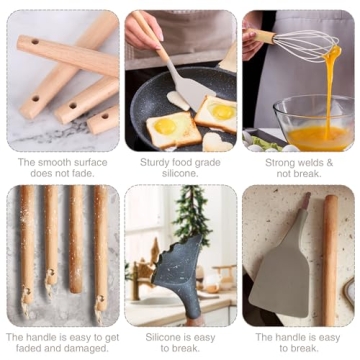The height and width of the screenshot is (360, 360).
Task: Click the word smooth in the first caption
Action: pyautogui.click(x=53, y=161)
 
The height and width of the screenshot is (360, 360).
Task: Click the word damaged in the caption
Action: pyautogui.click(x=87, y=349)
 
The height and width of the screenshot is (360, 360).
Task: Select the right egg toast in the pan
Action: pyautogui.click(x=216, y=114)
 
